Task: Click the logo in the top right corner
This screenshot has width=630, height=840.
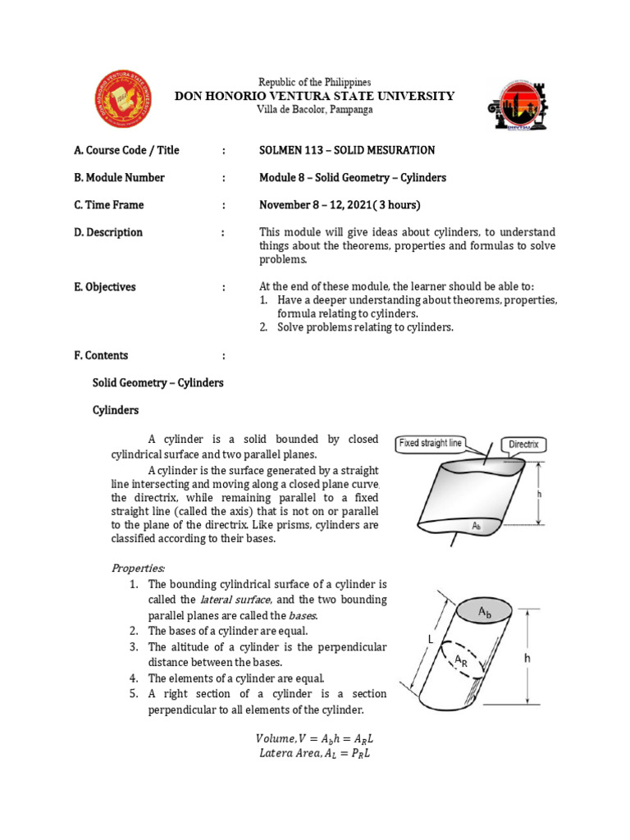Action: pyautogui.click(x=512, y=104)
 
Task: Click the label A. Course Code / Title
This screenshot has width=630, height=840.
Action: pyautogui.click(x=126, y=150)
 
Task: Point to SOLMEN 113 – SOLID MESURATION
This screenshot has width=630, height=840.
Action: pyautogui.click(x=346, y=150)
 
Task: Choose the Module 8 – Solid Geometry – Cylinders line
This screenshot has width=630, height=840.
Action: pyautogui.click(x=352, y=177)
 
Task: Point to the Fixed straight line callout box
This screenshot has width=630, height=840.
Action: pyautogui.click(x=431, y=443)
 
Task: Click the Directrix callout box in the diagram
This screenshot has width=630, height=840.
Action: pyautogui.click(x=523, y=444)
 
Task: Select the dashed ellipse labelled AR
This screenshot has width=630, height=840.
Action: pyautogui.click(x=458, y=660)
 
